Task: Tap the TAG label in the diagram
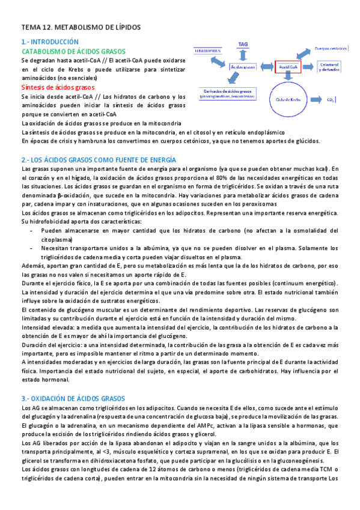coord(243,45)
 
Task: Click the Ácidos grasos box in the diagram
coord(242,67)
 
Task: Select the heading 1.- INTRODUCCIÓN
coord(49,42)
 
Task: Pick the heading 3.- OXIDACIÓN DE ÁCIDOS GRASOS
coord(73,398)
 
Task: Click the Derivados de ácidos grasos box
coord(226,93)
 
